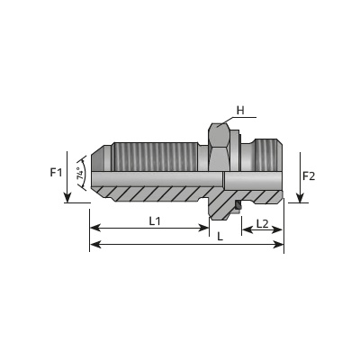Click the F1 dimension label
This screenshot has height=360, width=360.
click(56, 173)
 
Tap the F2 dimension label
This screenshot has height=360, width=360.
click(309, 176)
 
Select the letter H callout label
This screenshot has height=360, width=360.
click(240, 111)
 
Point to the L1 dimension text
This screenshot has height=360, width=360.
click(155, 221)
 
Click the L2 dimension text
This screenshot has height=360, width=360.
click(262, 223)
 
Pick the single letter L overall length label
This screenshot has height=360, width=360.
click(220, 237)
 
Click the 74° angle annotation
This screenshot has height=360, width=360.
click(80, 174)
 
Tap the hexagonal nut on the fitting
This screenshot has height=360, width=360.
click(220, 148)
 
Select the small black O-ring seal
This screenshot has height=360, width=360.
click(238, 204)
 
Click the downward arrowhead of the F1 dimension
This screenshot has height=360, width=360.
click(67, 198)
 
